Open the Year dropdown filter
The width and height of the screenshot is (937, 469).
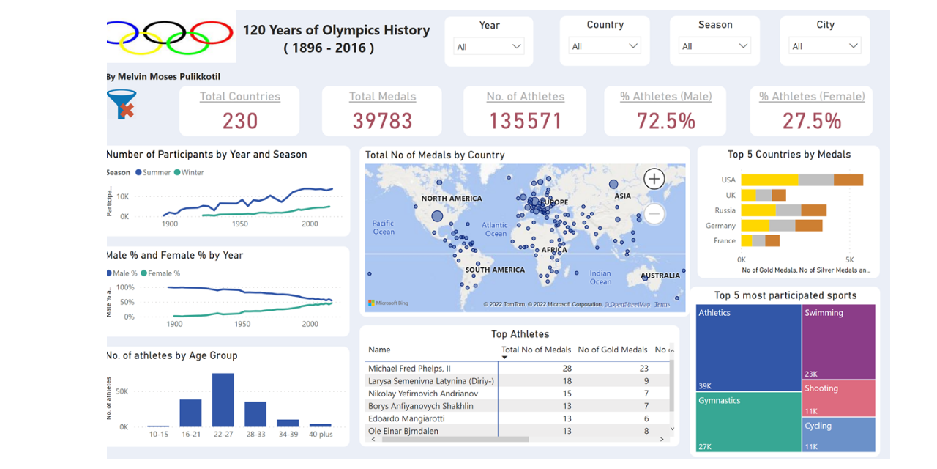(489, 46)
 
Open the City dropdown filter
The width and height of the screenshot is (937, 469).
(825, 46)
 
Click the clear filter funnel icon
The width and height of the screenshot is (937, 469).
(122, 104)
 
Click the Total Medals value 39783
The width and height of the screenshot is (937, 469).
(382, 120)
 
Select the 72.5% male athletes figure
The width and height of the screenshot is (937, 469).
(665, 120)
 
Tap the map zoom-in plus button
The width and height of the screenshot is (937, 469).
(654, 179)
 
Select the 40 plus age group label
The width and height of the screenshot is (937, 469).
(321, 435)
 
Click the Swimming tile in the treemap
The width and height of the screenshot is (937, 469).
(838, 341)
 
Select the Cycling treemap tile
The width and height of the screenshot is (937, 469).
(838, 434)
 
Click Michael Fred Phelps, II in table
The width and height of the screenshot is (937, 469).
(409, 369)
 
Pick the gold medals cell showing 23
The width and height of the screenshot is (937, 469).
(643, 369)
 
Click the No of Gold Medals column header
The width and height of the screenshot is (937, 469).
(613, 350)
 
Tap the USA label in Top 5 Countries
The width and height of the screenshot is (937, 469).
(728, 180)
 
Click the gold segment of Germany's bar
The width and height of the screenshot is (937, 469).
(755, 226)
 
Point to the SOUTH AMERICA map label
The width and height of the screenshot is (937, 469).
(495, 270)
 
